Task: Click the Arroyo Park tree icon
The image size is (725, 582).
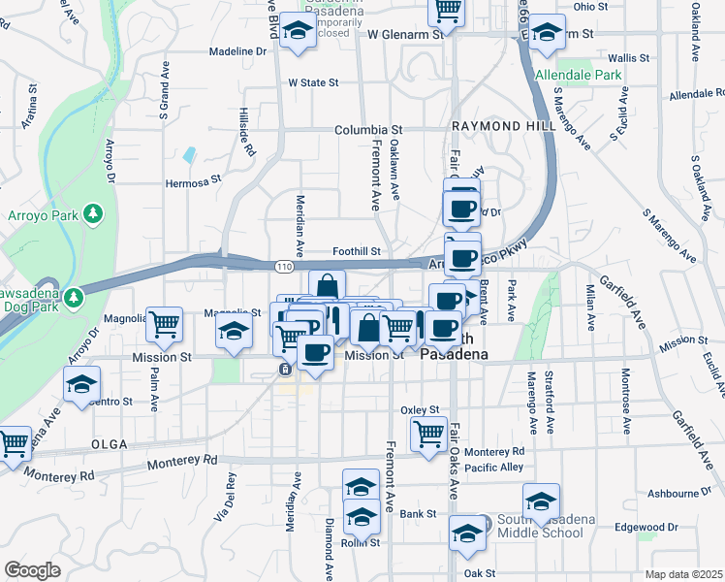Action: (x=93, y=212)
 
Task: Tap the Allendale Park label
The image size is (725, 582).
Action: (x=578, y=75)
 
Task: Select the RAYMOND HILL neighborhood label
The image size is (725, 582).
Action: (x=502, y=128)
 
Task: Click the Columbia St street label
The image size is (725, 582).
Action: (x=368, y=129)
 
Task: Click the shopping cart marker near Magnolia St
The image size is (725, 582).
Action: (x=165, y=324)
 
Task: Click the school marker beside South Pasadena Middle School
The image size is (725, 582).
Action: (x=542, y=501)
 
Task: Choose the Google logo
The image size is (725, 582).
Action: (x=32, y=569)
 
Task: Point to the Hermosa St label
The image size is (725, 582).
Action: (x=194, y=180)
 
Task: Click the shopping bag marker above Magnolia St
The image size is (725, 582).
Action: (x=328, y=286)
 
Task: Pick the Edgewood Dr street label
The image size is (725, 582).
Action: (x=646, y=528)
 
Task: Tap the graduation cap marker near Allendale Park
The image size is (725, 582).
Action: (x=547, y=33)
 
